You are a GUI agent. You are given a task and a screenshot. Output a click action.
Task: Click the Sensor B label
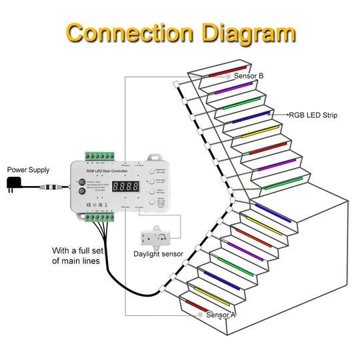click(x=249, y=76)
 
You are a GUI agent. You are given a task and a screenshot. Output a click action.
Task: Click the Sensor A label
click(x=221, y=315)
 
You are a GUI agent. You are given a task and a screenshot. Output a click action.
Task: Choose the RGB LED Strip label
click(x=313, y=115)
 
